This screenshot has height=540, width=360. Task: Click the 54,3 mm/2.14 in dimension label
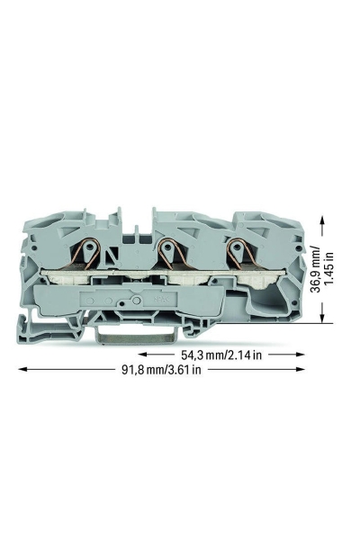[x=221, y=355]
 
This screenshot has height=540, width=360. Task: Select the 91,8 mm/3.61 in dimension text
[x=161, y=370]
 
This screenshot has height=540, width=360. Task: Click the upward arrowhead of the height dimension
[x=322, y=221]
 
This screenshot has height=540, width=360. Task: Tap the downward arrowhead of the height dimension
[x=322, y=318]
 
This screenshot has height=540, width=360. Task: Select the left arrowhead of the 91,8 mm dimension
[x=22, y=370]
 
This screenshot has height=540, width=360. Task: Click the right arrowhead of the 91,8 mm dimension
[x=301, y=370]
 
